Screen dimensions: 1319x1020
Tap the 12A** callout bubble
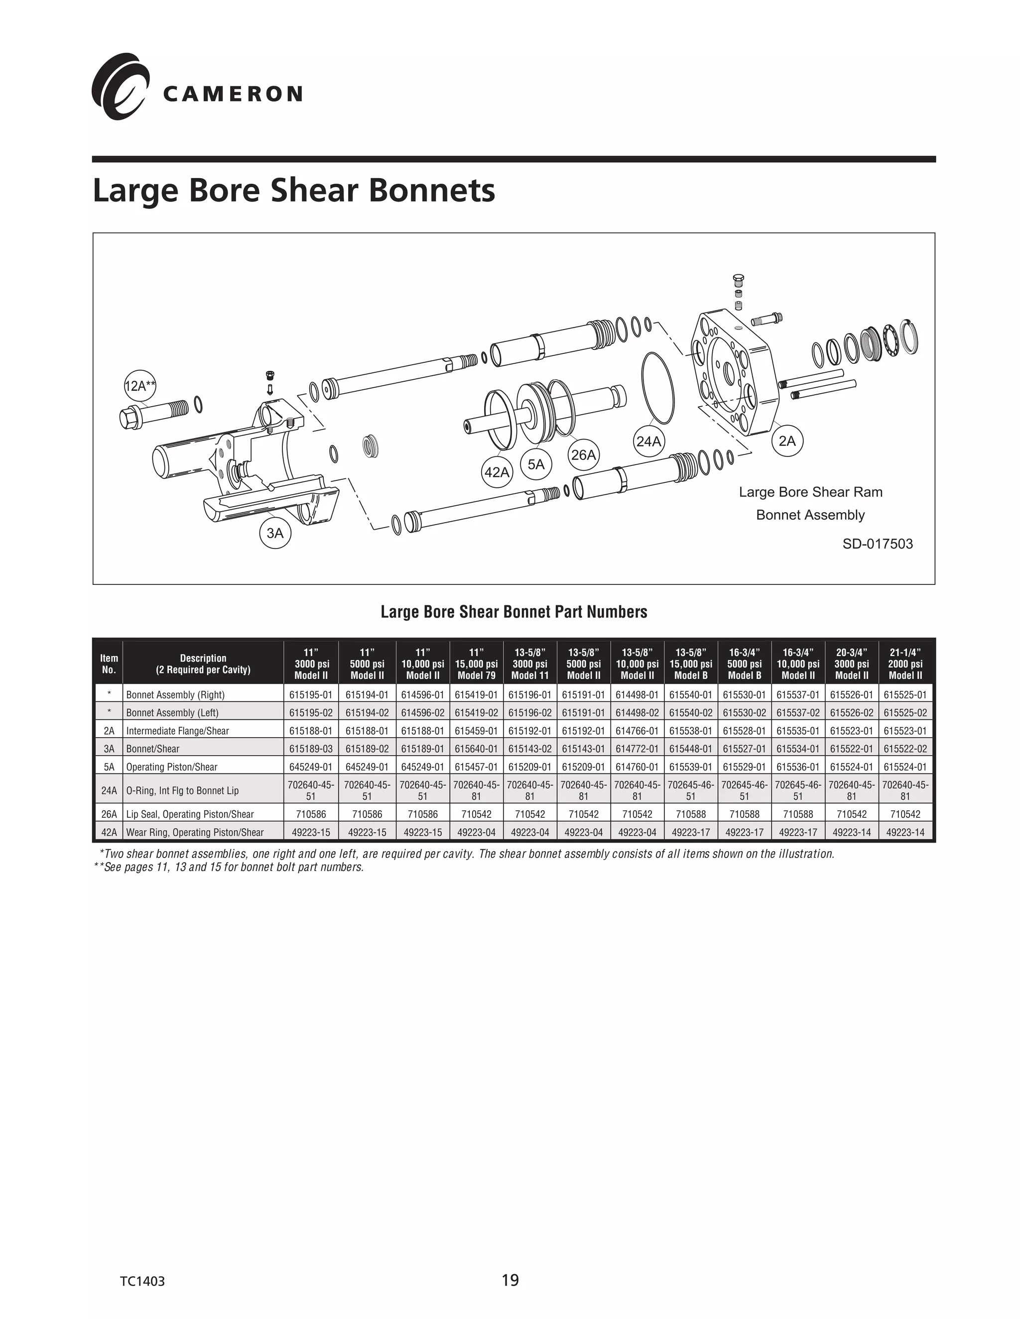tap(139, 386)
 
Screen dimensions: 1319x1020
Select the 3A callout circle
tap(275, 533)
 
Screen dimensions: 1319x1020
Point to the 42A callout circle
tap(497, 472)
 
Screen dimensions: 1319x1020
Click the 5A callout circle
tap(536, 464)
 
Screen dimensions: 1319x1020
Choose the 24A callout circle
tap(648, 441)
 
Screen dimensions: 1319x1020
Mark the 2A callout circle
tap(787, 441)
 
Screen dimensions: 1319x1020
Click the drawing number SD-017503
tap(878, 544)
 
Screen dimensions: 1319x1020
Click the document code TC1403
tap(142, 1281)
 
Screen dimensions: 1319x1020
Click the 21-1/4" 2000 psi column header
tap(905, 663)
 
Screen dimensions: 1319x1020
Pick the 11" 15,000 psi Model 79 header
tap(476, 663)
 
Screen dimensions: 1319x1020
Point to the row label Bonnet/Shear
tap(153, 749)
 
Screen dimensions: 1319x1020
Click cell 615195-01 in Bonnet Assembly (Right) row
tap(311, 694)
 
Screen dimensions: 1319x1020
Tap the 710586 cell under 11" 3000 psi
tap(311, 814)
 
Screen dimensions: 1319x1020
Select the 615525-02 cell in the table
tap(905, 713)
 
